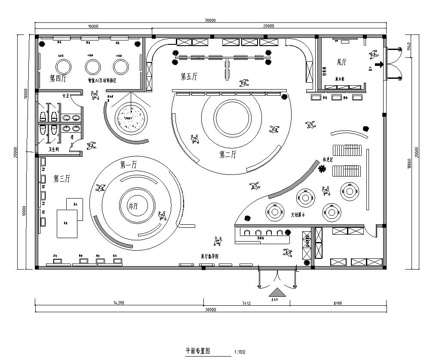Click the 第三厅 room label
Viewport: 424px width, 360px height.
click(58, 179)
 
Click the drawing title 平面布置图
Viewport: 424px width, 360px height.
click(200, 350)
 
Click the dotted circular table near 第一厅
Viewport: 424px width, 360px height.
click(128, 119)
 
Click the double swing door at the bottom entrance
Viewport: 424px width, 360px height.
click(273, 277)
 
